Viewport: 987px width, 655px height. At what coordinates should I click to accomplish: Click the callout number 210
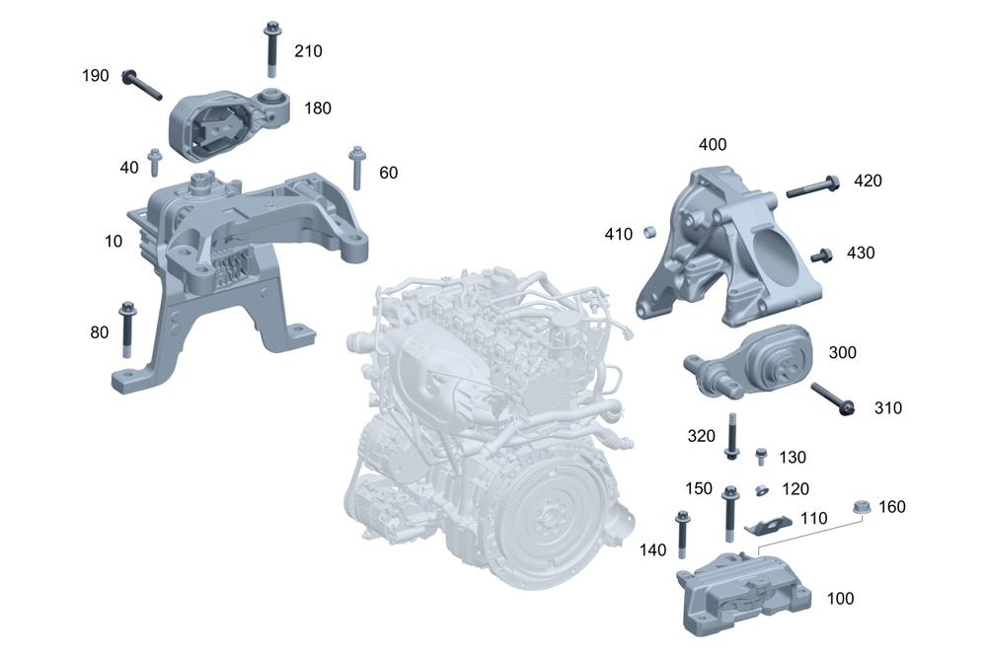tap(308, 51)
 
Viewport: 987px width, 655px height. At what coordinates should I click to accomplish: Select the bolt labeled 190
tap(143, 86)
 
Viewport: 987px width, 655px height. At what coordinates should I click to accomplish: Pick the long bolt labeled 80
tap(127, 329)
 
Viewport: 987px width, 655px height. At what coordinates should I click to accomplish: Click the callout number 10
tap(115, 241)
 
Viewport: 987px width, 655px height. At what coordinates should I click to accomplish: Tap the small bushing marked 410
tap(650, 233)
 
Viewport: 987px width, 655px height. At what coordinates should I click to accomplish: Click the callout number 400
tap(712, 145)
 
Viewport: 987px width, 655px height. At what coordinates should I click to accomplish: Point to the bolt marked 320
tap(731, 436)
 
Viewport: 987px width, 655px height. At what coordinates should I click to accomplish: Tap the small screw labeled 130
tap(761, 456)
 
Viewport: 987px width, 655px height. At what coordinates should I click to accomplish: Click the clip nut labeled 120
tap(762, 489)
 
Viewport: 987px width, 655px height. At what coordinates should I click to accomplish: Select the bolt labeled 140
tap(681, 534)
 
